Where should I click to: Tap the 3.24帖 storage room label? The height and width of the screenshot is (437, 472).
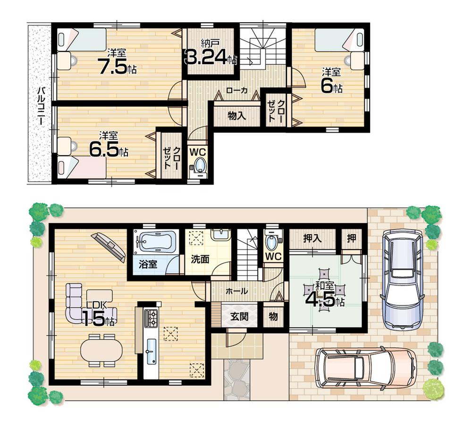click(x=210, y=58)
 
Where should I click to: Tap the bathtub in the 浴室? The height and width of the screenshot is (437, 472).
click(x=155, y=243)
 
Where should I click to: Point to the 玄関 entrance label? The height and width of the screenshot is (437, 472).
click(x=239, y=317)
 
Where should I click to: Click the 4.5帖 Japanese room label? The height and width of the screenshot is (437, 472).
click(x=325, y=298)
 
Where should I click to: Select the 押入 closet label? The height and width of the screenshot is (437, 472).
click(x=312, y=238)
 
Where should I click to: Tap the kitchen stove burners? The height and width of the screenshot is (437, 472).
click(x=151, y=319)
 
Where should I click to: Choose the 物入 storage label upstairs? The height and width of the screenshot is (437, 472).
click(x=236, y=116)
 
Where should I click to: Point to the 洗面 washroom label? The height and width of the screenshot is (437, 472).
click(x=200, y=259)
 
